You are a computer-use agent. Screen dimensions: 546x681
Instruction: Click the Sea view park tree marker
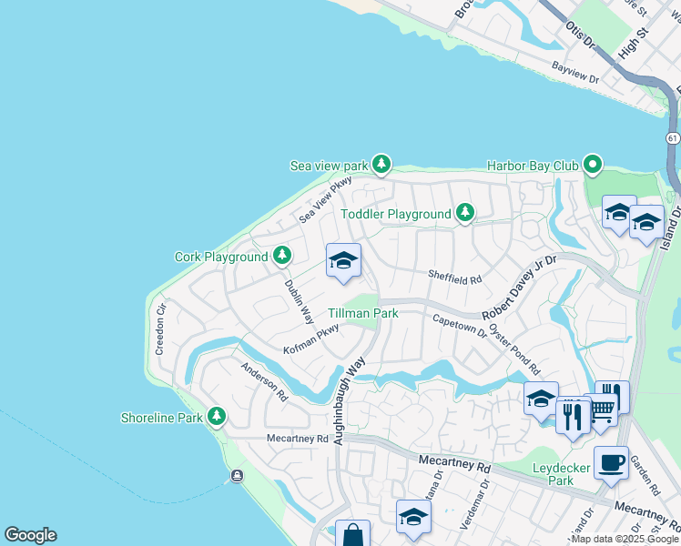click(381, 165)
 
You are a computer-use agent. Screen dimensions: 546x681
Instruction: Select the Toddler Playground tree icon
click(465, 213)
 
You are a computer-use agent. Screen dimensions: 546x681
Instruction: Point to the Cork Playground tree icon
click(283, 256)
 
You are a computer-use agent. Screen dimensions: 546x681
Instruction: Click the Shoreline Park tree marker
click(216, 417)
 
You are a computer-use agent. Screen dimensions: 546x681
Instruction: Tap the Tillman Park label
click(363, 313)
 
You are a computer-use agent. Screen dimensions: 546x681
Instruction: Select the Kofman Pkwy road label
click(311, 339)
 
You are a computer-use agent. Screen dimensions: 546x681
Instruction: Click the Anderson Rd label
click(264, 382)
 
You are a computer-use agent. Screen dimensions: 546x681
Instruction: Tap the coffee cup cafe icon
click(610, 462)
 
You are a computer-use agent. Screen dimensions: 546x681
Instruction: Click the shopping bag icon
click(352, 535)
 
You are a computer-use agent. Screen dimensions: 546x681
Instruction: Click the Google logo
click(30, 535)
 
